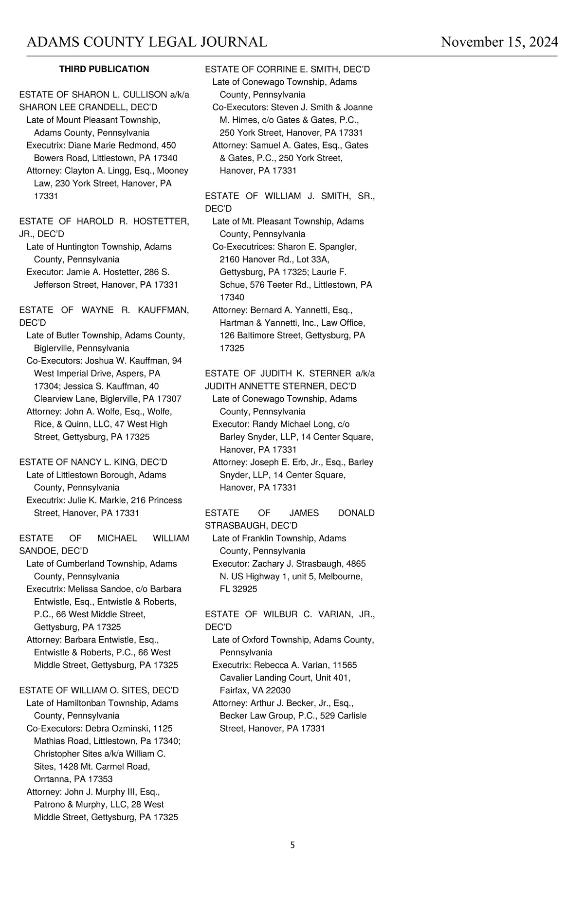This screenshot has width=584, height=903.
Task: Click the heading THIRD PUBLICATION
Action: [104, 69]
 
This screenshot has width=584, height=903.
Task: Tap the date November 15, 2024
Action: [499, 42]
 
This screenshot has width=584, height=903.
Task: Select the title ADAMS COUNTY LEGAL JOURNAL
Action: [146, 42]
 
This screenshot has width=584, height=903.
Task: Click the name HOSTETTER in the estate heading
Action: [161, 221]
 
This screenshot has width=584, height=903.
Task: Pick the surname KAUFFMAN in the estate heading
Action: [163, 310]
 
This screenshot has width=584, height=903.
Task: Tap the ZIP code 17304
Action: [46, 386]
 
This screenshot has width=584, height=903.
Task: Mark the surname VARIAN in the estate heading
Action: [332, 614]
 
